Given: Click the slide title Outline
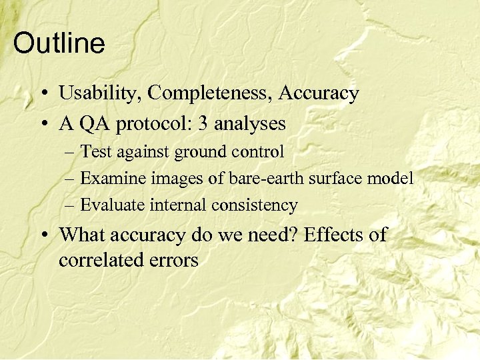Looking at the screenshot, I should pos(59,44).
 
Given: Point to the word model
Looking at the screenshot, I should pos(393,179).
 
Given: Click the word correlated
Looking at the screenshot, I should pos(99,259).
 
